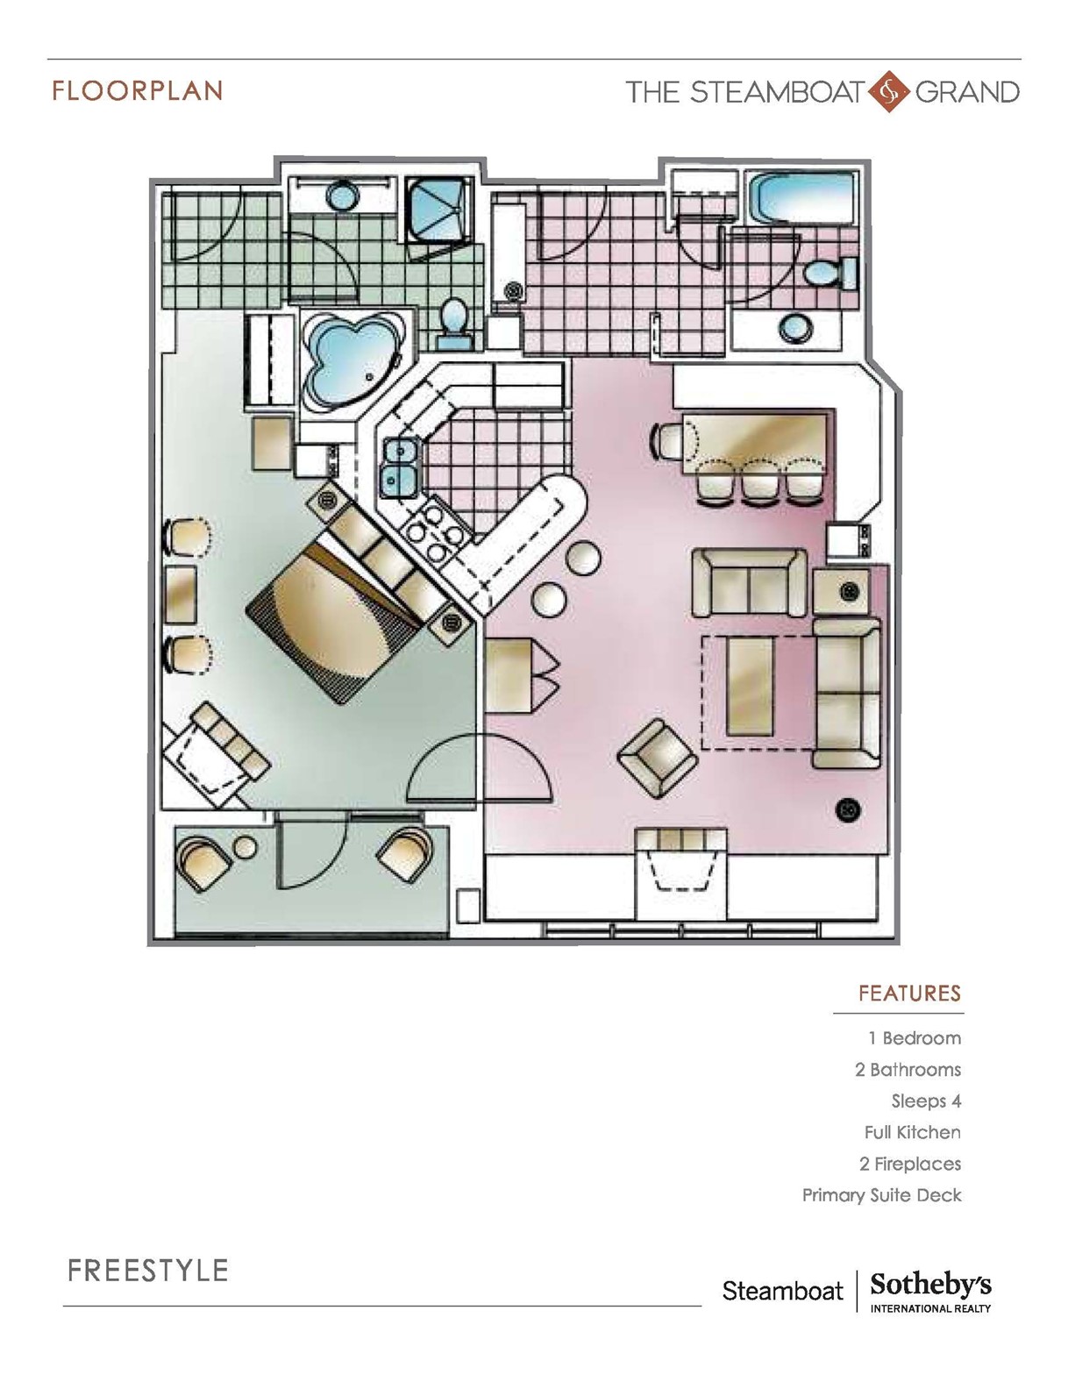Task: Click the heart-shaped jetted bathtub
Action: (352, 361)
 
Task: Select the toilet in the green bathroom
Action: (454, 324)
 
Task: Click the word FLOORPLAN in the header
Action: (138, 90)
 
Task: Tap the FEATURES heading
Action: (909, 994)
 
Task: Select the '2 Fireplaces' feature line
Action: (910, 1164)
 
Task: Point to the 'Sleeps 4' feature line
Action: (926, 1101)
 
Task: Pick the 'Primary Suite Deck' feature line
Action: (882, 1195)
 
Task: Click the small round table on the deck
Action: (246, 847)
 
